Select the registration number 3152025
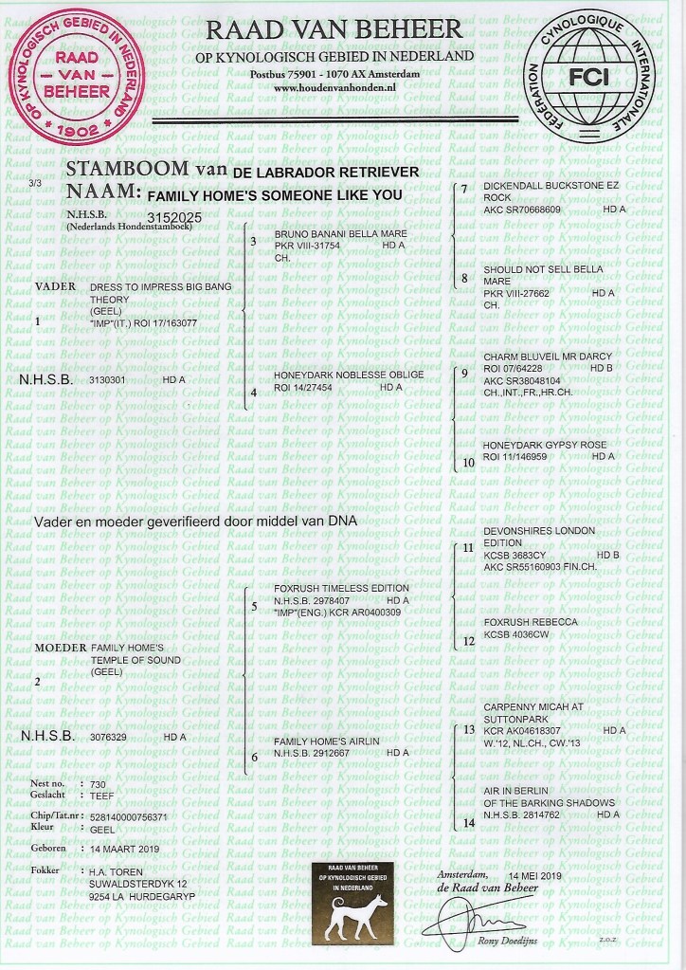175,216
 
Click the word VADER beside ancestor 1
55,285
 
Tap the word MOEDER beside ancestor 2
60,647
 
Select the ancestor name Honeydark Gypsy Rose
535,445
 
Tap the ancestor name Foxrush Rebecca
530,621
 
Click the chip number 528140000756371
128,815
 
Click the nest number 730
98,784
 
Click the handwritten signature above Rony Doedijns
483,920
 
